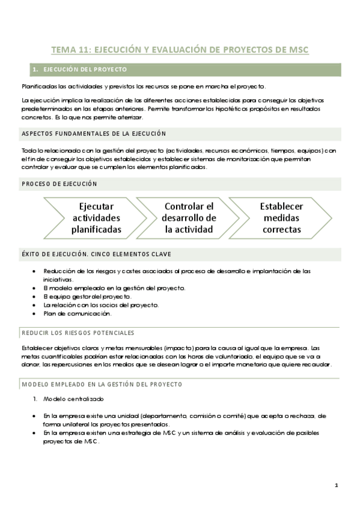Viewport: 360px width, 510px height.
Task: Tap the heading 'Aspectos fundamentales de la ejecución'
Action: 94,134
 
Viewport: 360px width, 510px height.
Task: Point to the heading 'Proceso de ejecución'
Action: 59,183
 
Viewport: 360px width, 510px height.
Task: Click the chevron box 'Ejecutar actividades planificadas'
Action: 96,218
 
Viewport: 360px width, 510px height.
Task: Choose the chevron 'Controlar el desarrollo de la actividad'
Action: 189,218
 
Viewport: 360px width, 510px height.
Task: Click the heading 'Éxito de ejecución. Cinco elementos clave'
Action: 96,254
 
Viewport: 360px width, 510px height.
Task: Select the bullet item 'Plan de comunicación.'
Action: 78,313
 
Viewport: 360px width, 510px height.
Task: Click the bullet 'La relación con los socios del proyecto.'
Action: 101,305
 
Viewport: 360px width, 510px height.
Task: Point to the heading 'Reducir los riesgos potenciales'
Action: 78,333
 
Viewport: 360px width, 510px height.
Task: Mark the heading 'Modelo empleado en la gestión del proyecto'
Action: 102,384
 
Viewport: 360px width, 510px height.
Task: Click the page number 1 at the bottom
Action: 337,485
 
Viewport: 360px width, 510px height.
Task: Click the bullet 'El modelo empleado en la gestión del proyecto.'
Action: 114,288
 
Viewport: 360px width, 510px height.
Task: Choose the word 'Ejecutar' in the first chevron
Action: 96,206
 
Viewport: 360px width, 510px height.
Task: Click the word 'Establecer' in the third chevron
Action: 281,206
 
